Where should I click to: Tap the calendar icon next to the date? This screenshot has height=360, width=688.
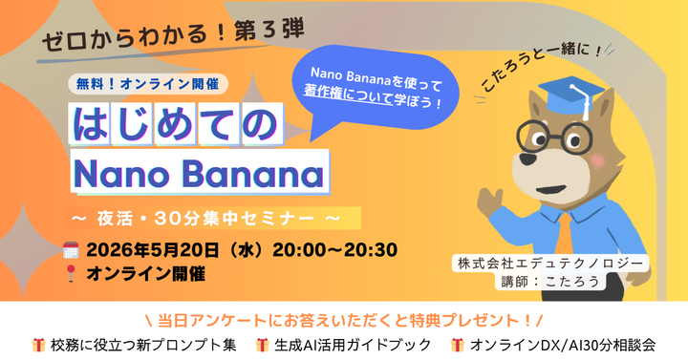click(x=70, y=250)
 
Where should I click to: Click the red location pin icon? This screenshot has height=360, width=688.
click(x=70, y=273)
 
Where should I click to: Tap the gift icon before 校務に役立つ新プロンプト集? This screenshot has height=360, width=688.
click(x=39, y=344)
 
